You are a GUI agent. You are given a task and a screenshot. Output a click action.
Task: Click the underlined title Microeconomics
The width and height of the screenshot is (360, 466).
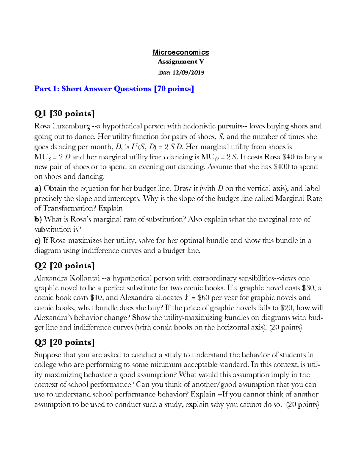point(181,52)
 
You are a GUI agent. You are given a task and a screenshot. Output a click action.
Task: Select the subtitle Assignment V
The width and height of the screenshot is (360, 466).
point(181,62)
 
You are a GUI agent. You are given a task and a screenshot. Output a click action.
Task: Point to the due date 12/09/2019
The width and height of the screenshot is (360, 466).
point(188,72)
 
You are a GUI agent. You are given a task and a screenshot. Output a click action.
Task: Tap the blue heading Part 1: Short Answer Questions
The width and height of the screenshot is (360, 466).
point(114,89)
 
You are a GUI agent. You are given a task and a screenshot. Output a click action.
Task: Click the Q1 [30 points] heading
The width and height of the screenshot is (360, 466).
point(64,113)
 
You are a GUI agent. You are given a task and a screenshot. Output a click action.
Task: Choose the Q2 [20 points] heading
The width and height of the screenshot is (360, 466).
point(64,266)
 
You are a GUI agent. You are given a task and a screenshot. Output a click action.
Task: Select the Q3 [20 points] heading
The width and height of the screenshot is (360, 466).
point(64,342)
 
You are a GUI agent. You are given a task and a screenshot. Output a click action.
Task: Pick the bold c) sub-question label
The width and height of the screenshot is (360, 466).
point(37,241)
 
